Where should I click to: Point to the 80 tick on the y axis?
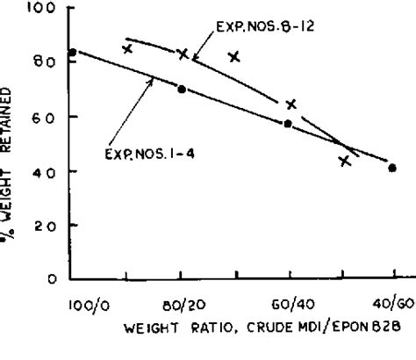coord(45,62)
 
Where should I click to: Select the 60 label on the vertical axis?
coord(45,117)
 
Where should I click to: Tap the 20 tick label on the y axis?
coord(45,226)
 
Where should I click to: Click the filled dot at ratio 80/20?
coord(181,89)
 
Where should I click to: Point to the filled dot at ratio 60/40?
coord(288,124)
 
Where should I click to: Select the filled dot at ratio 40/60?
coord(392,168)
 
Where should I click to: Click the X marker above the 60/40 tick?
coord(290,104)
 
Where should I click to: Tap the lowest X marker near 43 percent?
coord(344,161)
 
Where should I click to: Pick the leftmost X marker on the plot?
coord(127,49)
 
